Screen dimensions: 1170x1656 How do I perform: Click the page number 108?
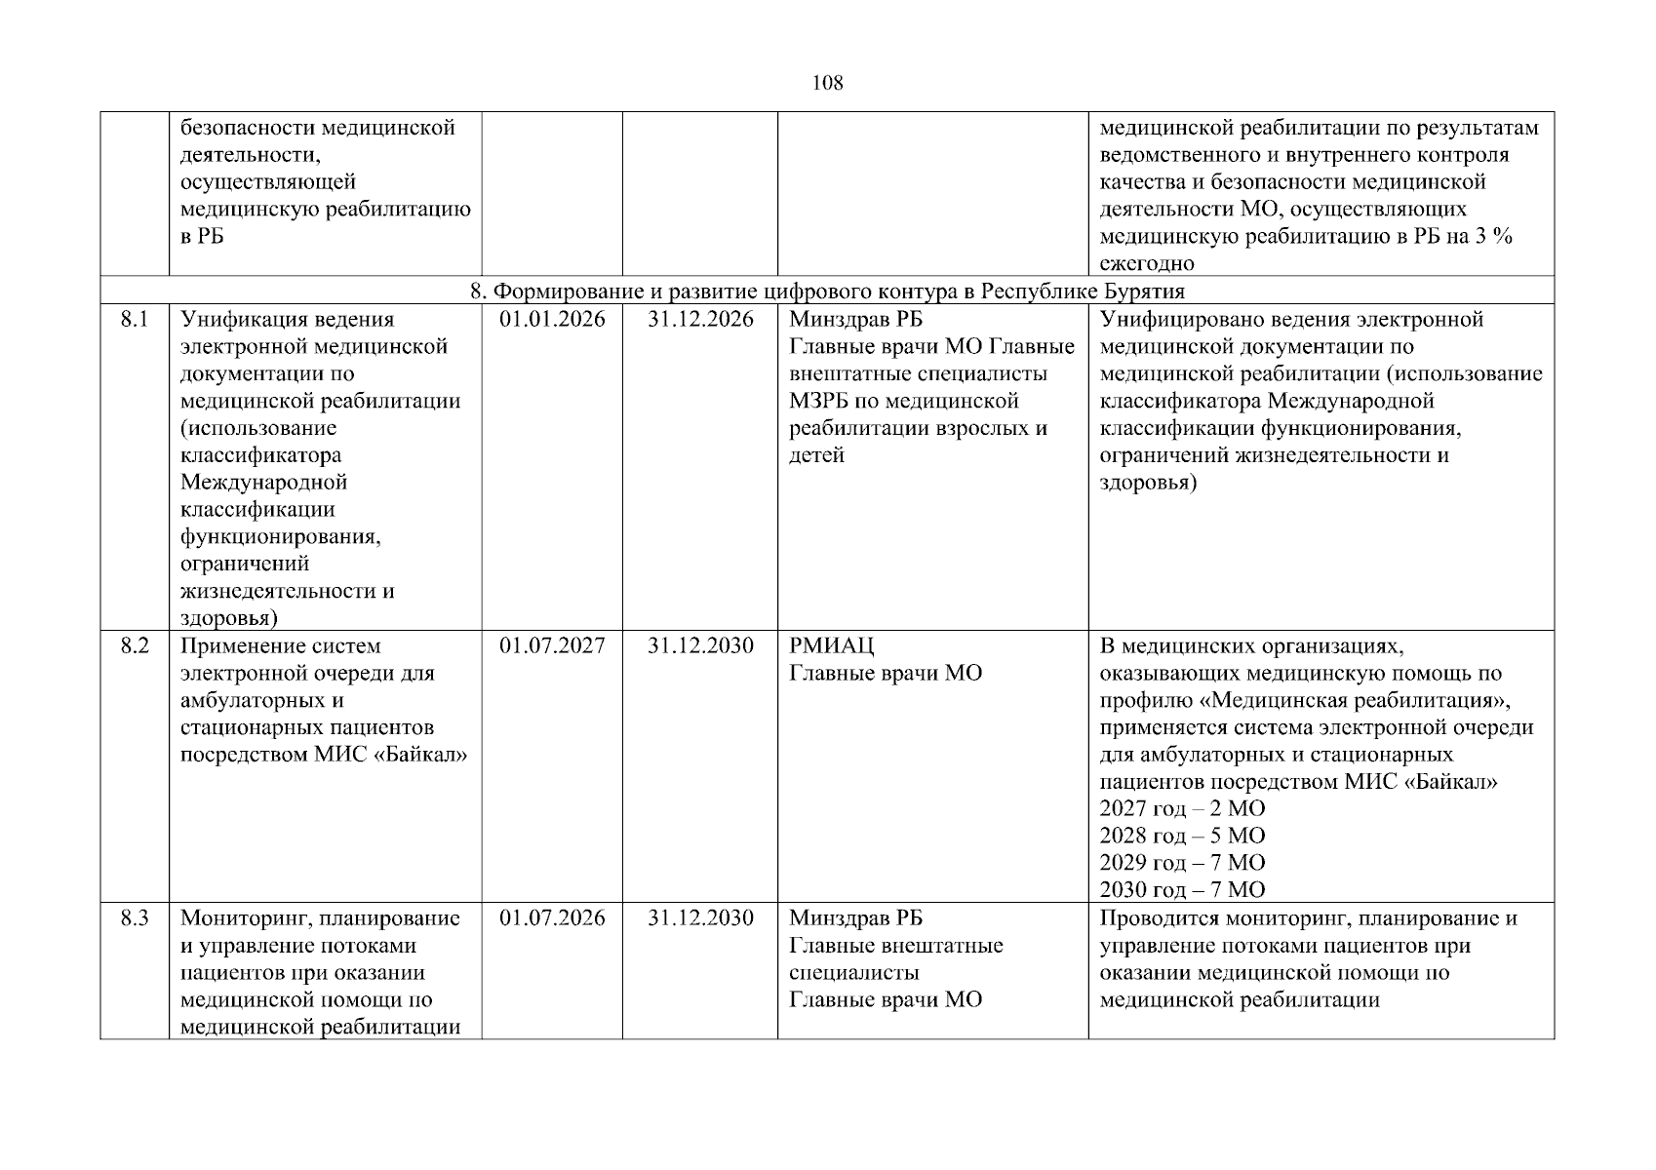tap(827, 83)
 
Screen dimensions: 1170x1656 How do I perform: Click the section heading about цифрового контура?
tap(827, 291)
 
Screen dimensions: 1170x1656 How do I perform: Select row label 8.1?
tap(135, 319)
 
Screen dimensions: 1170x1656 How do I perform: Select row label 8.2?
tap(135, 645)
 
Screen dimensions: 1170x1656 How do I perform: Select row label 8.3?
tap(135, 917)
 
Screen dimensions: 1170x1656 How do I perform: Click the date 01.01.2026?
tap(552, 319)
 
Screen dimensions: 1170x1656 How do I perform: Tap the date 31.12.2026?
tap(700, 319)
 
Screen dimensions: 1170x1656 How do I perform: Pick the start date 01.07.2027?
tap(552, 645)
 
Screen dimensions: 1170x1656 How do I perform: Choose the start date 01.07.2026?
tap(552, 917)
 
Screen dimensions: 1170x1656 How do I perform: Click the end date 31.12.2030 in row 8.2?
tap(700, 645)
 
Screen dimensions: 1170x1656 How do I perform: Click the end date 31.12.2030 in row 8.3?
tap(700, 917)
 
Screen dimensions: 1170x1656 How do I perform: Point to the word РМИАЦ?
tap(831, 645)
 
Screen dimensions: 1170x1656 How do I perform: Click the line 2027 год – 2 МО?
tap(1182, 808)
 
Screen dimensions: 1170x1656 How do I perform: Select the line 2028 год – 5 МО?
tap(1182, 836)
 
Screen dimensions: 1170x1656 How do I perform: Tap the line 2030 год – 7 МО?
tap(1182, 889)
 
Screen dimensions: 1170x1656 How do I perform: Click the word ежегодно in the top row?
tap(1147, 263)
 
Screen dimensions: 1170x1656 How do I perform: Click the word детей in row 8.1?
tap(816, 455)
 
